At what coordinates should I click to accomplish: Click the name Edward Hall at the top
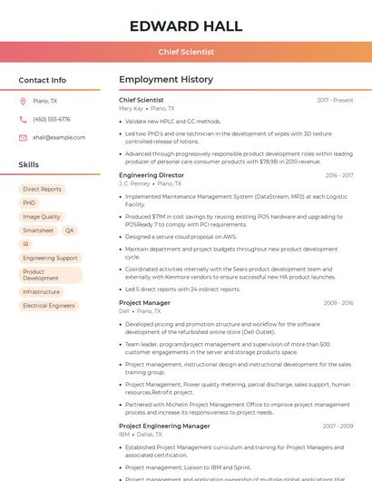point(186,25)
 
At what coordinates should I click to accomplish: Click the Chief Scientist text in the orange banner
point(186,53)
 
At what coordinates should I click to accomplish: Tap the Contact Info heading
point(42,80)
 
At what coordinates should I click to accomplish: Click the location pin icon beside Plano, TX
point(23,102)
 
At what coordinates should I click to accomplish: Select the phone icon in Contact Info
point(23,120)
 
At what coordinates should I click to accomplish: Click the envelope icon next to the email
point(23,138)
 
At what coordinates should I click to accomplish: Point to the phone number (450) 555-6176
point(52,120)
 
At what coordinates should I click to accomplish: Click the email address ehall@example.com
point(59,138)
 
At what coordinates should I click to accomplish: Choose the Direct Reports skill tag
point(42,190)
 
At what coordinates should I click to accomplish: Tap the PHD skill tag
point(29,203)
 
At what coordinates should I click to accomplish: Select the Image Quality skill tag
point(42,217)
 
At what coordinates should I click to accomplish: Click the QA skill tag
point(69,231)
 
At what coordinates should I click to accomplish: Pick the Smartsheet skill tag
point(38,231)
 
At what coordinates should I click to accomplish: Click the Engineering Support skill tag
point(50,258)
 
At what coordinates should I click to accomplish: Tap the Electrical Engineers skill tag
point(49,306)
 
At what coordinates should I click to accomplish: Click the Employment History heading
point(166,80)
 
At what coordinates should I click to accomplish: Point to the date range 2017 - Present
point(335,100)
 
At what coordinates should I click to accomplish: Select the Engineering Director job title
point(152,175)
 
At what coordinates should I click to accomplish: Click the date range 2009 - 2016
point(338,303)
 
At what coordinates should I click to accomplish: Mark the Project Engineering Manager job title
point(164,426)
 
